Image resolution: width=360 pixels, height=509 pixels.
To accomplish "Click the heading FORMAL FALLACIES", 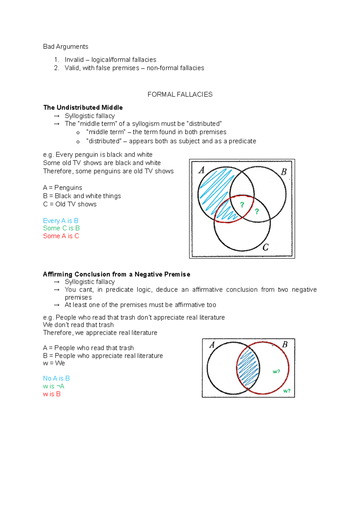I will pos(180,94).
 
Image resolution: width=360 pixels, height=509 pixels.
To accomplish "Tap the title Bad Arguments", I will pos(66,46).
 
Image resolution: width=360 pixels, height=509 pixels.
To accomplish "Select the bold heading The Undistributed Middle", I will pos(83,107).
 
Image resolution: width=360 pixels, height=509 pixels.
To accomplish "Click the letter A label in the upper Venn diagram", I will pos(202,170).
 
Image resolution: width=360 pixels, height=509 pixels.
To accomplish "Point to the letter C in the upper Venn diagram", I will pos(265,247).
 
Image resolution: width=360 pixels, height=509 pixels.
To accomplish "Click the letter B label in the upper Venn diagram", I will pos(284,172).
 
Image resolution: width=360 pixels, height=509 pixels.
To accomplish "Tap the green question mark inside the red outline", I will pos(242,205).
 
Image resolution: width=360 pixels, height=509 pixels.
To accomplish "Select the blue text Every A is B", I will pos(61,221).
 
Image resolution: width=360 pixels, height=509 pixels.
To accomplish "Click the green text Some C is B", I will pos(61,228).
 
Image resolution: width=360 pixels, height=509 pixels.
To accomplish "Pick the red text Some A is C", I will pos(61,236).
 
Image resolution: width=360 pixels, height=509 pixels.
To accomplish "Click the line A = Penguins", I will pos(62,188).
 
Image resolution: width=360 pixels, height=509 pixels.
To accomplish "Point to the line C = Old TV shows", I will pos(70,204).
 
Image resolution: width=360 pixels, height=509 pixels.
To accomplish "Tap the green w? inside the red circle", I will pos(276,371).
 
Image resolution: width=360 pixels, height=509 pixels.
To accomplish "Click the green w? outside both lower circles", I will pos(287,391).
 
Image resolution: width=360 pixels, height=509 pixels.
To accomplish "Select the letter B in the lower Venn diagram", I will pos(285,344).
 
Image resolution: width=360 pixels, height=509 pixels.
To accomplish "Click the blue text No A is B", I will pos(56,378).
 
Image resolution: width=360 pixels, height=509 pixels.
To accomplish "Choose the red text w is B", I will pos(52,394).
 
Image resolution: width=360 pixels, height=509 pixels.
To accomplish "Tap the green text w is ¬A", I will pos(54,386).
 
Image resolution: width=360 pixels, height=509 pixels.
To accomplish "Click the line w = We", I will pos(54,363).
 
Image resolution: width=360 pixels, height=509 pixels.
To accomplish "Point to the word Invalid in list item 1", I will pos(74,60).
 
